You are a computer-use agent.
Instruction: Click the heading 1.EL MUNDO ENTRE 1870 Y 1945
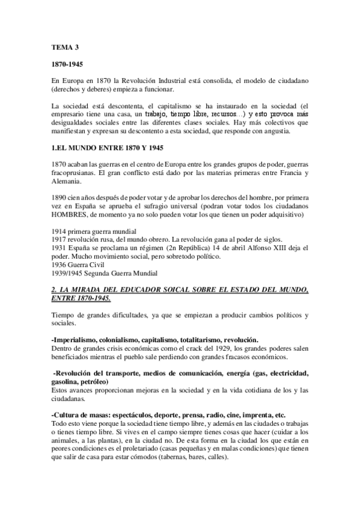click(x=109, y=148)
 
